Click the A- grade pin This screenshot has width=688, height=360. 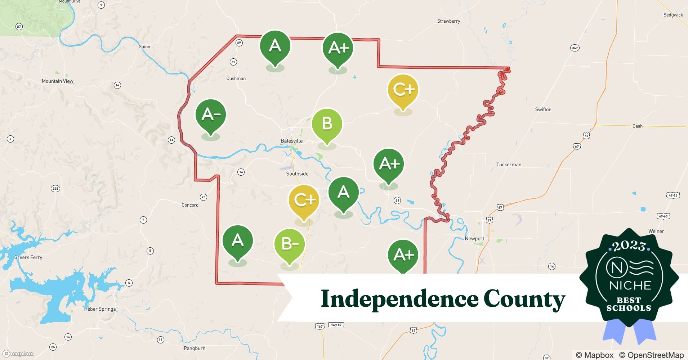coord(211,115)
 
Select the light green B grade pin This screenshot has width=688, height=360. coord(327,124)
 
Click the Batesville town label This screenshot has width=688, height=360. coord(291,141)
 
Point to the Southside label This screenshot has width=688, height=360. coord(297,174)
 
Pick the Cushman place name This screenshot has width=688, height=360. coord(236,78)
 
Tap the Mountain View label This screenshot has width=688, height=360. coord(57,81)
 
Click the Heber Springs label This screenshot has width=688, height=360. coord(100,309)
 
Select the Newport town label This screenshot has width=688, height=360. coord(474,238)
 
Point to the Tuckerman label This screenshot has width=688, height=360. coord(509,165)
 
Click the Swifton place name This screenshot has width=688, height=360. coord(543,109)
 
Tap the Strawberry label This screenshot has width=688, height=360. coord(448,21)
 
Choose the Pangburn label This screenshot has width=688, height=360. coord(195,348)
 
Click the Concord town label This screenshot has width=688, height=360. coord(190,205)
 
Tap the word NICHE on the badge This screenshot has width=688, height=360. coord(630,285)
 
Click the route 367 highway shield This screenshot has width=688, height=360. coord(575,48)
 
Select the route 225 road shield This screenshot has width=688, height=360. coord(55,189)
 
